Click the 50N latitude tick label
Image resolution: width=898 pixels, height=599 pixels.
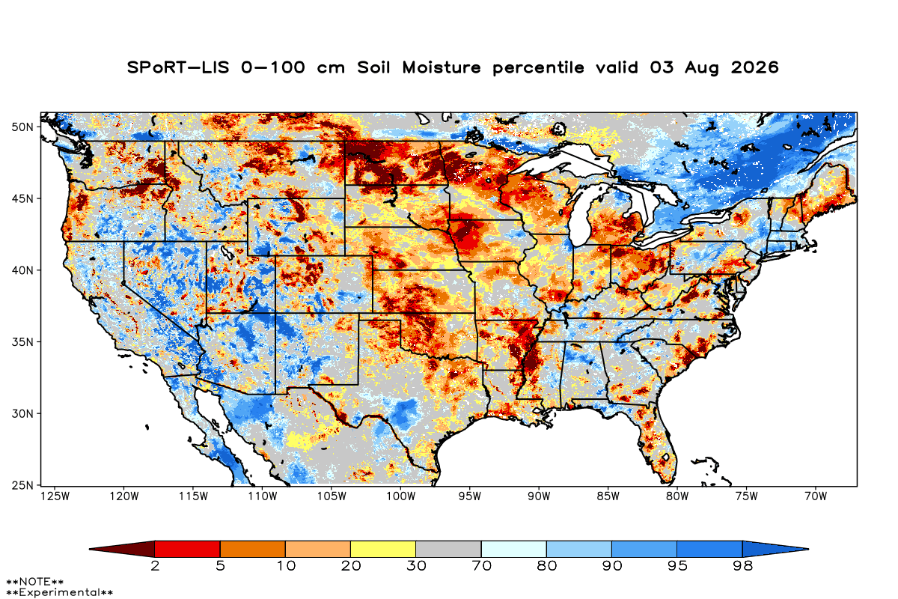click(22, 127)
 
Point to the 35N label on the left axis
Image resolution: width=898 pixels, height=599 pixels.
click(22, 342)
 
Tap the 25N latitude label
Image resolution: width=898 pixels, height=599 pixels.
click(22, 485)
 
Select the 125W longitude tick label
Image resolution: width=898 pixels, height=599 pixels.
click(55, 496)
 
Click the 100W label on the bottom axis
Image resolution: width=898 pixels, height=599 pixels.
click(401, 496)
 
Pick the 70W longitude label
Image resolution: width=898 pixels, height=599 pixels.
click(816, 496)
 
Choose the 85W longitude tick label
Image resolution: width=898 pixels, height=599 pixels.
click(608, 496)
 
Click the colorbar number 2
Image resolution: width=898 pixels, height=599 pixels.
click(155, 566)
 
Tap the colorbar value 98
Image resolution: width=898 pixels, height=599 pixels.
click(743, 566)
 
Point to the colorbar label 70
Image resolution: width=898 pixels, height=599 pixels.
click(481, 566)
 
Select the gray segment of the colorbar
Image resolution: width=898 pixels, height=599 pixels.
click(448, 549)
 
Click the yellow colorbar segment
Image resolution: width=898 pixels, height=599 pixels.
click(383, 549)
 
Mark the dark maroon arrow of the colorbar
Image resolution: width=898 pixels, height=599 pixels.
click(122, 549)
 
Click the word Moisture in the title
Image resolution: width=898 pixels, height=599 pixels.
click(442, 67)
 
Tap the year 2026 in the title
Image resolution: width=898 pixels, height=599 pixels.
click(755, 67)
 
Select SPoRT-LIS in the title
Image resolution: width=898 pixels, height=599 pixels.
click(178, 67)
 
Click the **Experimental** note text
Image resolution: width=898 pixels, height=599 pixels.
click(60, 592)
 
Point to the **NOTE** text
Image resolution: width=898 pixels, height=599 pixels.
click(35, 582)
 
